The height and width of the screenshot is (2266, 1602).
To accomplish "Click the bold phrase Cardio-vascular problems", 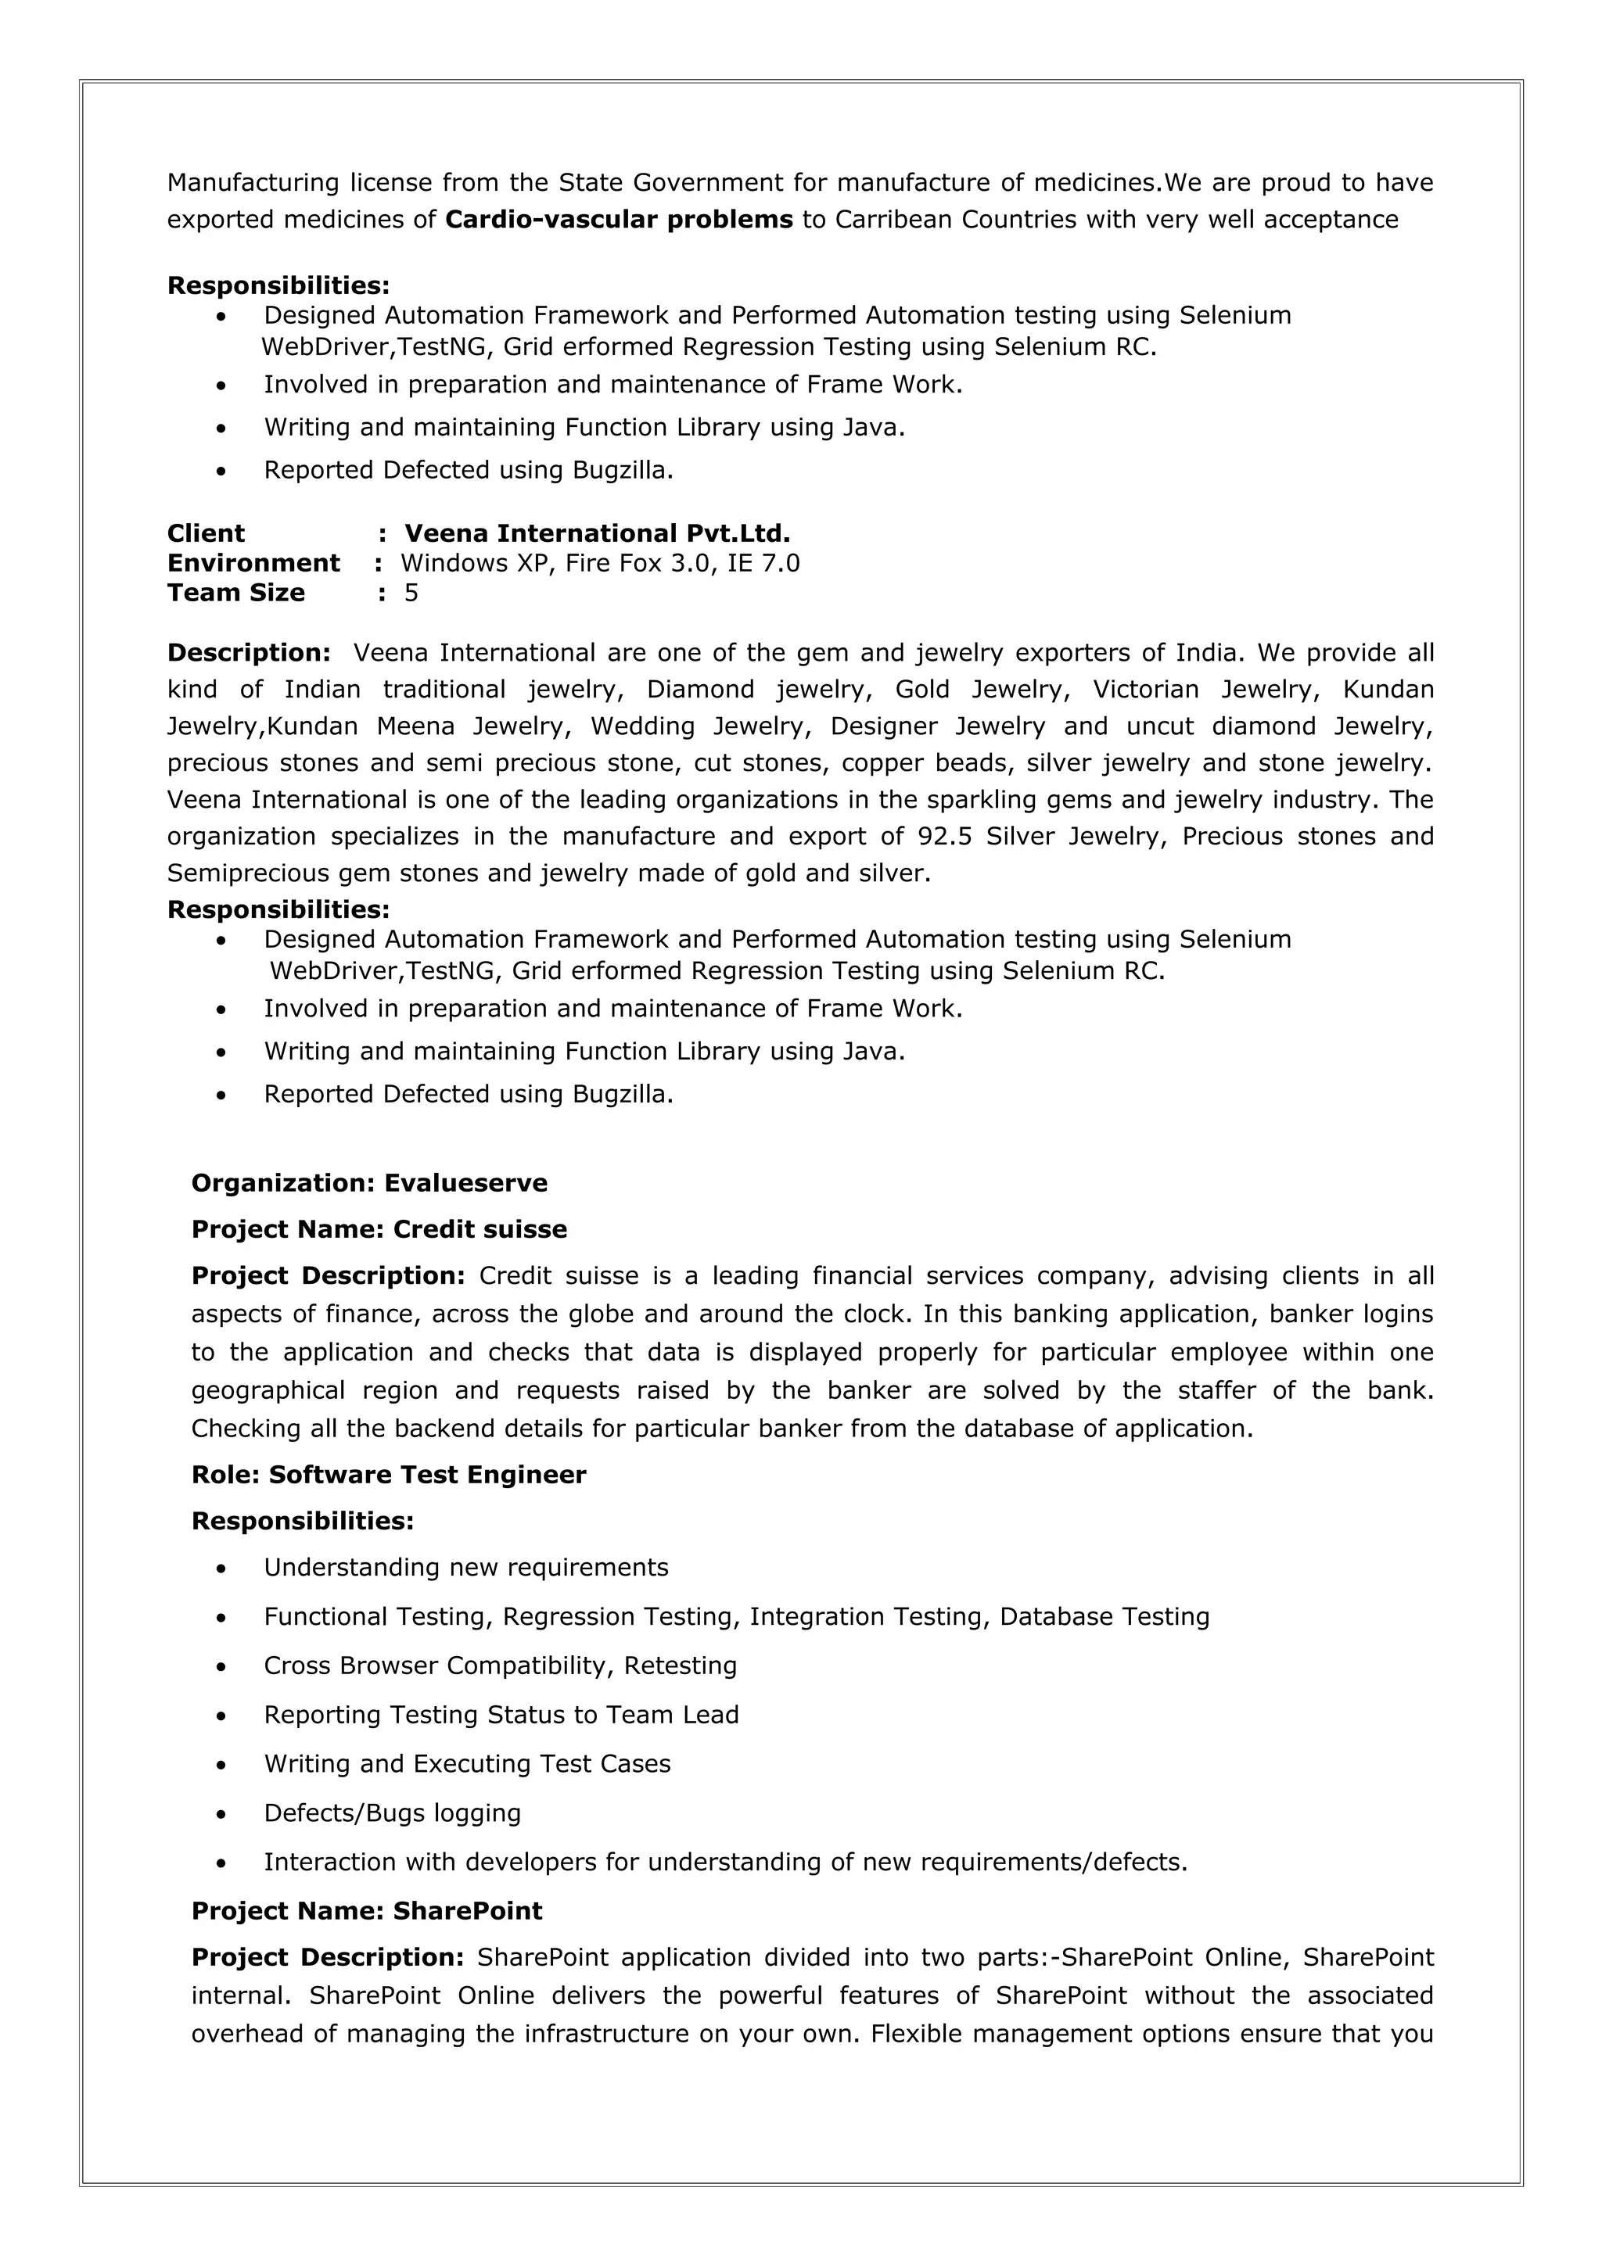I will point(619,219).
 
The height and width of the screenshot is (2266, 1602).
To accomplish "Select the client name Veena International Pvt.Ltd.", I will point(597,534).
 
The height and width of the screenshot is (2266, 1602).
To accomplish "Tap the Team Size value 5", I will point(411,593).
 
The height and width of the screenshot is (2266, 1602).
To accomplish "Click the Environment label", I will point(253,564).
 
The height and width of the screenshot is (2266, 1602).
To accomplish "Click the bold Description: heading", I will point(249,654).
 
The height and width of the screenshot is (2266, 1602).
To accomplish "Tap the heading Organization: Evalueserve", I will point(369,1183).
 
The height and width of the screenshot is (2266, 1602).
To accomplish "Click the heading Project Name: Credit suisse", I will point(379,1230).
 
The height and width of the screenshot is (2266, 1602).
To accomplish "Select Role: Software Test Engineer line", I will point(389,1475).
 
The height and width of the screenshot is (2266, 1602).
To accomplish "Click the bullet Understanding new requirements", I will point(466,1569).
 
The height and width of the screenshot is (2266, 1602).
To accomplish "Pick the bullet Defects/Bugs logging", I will point(392,1814).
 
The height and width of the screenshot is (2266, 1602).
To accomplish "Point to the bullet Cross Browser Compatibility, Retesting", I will point(501,1666).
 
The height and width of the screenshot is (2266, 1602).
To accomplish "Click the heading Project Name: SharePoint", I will point(366,1912).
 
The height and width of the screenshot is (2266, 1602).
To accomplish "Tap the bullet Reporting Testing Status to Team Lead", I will point(501,1716).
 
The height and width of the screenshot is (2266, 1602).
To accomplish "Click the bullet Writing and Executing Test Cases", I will point(467,1765).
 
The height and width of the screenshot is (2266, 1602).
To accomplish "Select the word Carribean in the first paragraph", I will point(893,219).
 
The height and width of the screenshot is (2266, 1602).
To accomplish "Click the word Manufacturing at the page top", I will point(253,183).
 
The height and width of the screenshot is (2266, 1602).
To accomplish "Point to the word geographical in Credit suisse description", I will point(268,1392).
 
